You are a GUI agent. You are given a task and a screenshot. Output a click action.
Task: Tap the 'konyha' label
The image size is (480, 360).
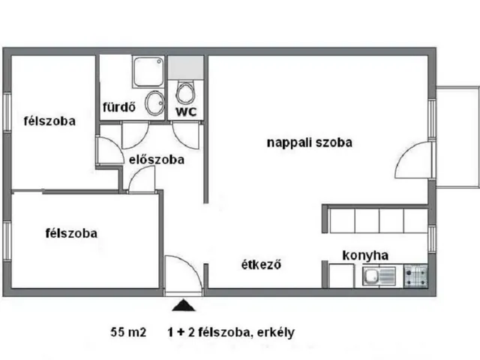[x=365, y=255]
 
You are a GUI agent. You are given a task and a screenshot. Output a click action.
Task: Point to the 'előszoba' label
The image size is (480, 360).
[x=157, y=159]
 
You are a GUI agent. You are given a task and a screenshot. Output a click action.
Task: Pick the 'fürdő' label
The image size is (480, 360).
[x=118, y=106]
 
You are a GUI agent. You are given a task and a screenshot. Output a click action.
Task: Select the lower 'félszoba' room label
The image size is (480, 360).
[x=70, y=232]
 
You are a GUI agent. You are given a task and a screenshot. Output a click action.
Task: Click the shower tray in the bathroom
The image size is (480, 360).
[x=146, y=72]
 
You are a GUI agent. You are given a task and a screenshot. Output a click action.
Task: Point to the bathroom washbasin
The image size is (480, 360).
[x=154, y=103]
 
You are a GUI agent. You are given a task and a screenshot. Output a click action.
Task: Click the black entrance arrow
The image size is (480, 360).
[x=181, y=304]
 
